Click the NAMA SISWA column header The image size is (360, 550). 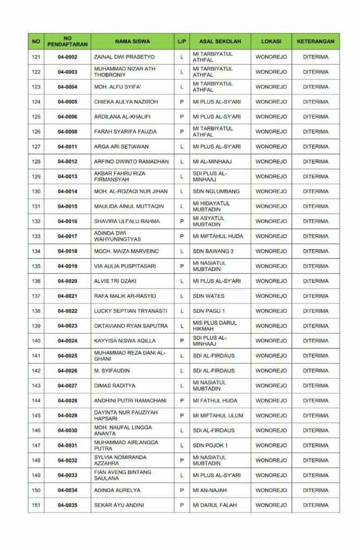click(132, 41)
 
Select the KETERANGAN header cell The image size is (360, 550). click(315, 41)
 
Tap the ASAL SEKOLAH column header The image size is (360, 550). click(220, 41)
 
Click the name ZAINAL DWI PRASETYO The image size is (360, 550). click(124, 57)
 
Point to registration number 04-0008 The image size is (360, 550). click(67, 132)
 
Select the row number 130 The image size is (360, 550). click(36, 191)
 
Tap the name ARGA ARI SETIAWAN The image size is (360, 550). click(121, 147)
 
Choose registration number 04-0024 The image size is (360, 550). click(67, 341)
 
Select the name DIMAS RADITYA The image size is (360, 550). click(114, 386)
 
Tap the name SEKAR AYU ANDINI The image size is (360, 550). click(119, 505)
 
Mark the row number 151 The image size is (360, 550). click(36, 505)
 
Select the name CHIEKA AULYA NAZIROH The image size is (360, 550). click(126, 102)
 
